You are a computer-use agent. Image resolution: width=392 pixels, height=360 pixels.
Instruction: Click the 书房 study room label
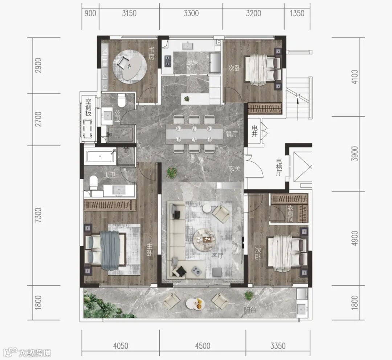click(151, 53)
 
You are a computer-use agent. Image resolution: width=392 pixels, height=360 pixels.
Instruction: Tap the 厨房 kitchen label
click(192, 62)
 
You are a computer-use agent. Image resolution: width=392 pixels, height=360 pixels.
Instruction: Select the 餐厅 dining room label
click(232, 134)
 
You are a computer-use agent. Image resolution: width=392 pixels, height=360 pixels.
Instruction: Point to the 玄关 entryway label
click(234, 169)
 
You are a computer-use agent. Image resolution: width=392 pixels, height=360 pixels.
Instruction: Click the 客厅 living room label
click(217, 256)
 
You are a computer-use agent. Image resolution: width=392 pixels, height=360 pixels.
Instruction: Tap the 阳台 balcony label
click(250, 310)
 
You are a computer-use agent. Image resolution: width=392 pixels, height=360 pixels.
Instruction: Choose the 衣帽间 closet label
click(290, 213)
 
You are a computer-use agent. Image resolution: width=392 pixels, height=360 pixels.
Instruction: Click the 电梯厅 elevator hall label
click(279, 167)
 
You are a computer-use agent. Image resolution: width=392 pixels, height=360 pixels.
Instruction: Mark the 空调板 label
click(88, 107)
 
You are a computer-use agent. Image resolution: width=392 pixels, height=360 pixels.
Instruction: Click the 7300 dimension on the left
click(38, 215)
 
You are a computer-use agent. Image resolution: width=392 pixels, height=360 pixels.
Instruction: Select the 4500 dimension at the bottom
click(203, 346)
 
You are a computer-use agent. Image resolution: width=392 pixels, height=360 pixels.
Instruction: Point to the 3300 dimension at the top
click(191, 13)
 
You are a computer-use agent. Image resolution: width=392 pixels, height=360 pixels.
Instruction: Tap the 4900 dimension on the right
click(355, 238)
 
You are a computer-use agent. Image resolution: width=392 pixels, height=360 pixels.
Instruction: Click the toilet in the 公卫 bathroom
click(122, 100)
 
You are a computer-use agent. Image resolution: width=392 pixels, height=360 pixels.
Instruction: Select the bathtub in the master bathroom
click(101, 156)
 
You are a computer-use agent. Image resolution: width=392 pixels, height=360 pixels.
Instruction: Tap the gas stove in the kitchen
click(167, 61)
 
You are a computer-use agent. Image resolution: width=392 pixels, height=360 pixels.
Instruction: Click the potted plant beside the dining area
click(172, 172)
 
